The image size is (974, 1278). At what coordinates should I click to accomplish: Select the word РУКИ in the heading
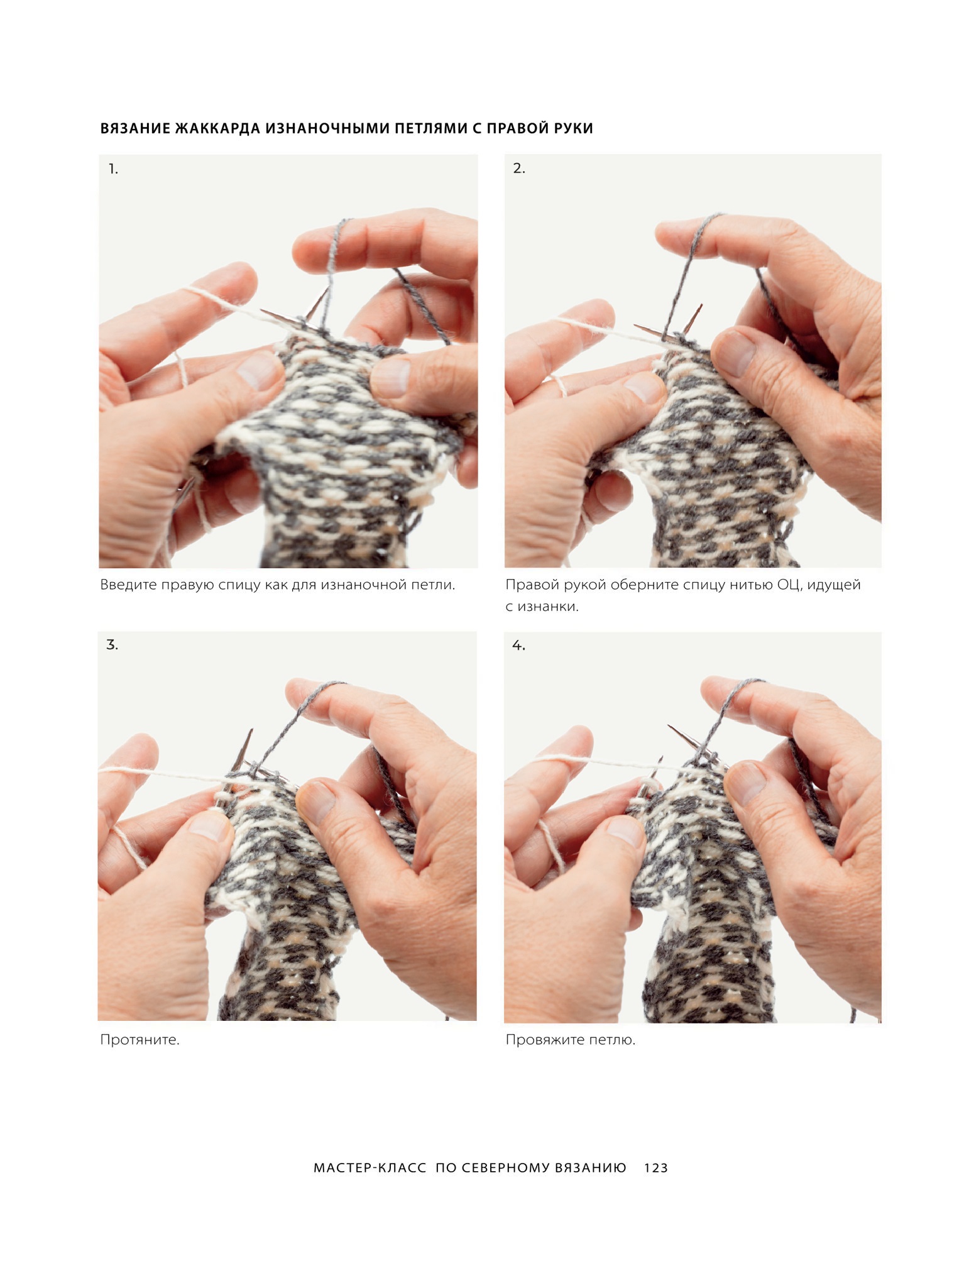[x=573, y=128]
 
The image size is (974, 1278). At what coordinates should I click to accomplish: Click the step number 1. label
[x=113, y=168]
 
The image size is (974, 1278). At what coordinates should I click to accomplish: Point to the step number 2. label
[x=519, y=168]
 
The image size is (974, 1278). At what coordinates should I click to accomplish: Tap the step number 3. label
[x=112, y=645]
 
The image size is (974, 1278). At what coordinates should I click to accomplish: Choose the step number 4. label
[x=518, y=646]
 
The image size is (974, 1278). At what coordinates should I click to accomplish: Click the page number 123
[x=656, y=1168]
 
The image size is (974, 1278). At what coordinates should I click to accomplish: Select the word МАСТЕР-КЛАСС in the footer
[x=370, y=1168]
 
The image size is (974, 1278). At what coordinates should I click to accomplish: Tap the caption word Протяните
[x=140, y=1040]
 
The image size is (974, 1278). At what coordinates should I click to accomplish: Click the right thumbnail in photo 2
[x=731, y=351]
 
